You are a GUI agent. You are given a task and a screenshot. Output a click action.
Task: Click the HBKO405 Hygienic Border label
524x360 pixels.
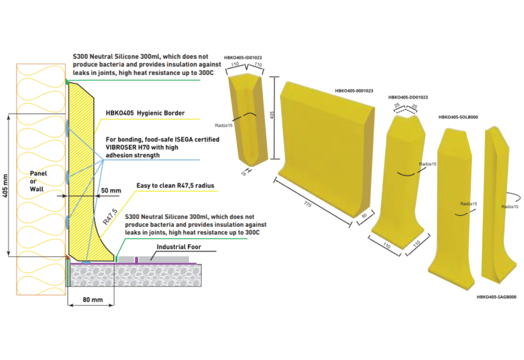(145, 113)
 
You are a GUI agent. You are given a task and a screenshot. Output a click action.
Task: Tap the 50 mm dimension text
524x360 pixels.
(111, 191)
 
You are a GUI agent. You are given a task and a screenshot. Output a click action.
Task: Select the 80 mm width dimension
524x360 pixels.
(93, 300)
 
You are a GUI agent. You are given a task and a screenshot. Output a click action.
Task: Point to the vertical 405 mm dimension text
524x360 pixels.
(5, 186)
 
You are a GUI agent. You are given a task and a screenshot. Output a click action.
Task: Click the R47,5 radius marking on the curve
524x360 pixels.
(110, 217)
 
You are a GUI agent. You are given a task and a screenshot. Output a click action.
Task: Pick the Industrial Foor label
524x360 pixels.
(179, 247)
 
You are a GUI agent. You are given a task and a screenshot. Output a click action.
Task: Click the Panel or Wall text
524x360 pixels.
(38, 182)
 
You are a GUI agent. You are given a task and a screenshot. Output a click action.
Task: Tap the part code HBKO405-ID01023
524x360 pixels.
(243, 58)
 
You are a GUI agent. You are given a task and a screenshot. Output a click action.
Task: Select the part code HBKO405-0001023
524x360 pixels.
(354, 91)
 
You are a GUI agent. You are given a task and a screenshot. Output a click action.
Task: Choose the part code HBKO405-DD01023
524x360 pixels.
(408, 98)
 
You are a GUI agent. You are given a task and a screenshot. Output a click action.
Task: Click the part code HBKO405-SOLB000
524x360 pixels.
(458, 117)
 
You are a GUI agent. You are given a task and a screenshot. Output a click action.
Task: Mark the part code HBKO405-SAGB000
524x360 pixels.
(496, 297)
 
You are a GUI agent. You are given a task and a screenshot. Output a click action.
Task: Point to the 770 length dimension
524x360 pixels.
(308, 204)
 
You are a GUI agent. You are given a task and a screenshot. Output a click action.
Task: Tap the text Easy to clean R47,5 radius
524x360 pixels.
(175, 186)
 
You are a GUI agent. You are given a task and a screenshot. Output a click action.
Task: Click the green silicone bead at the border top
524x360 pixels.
(67, 81)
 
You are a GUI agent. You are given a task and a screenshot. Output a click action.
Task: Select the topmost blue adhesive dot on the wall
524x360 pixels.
(67, 128)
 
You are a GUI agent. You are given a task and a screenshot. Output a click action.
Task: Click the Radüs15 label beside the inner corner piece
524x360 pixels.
(223, 125)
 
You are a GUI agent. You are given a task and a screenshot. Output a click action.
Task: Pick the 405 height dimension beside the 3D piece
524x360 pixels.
(272, 115)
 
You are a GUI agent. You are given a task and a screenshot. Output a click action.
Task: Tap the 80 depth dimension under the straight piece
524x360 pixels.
(364, 215)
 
